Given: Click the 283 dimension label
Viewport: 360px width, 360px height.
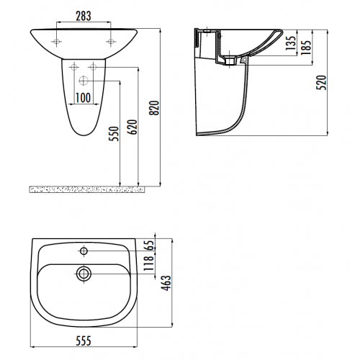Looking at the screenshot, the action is pos(84,16).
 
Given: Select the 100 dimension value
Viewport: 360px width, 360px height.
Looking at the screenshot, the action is pos(83,98).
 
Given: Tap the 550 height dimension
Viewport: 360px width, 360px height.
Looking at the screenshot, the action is pos(114,134).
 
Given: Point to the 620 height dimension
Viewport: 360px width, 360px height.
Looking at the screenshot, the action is pos(132,127).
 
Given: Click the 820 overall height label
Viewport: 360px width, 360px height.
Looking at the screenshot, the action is pos(154,108).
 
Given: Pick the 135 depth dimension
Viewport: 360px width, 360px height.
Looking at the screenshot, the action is pos(290,43).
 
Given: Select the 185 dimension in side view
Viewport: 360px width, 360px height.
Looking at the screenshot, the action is pos(306,47).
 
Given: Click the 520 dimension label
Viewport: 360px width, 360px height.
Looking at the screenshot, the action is pos(321,83).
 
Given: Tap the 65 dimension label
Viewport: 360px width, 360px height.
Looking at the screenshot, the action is pos(149,245).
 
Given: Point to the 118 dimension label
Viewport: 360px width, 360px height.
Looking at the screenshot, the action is pos(149,263).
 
